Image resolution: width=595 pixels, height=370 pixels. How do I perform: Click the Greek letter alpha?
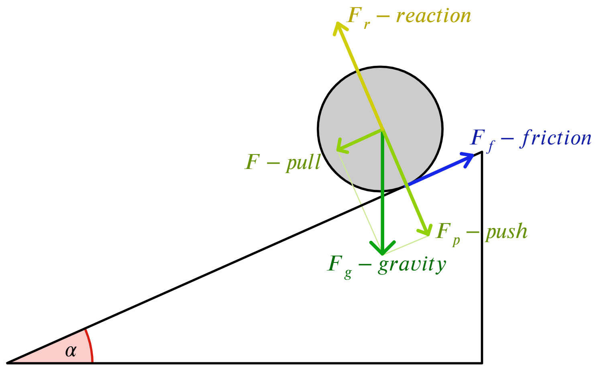click(x=71, y=351)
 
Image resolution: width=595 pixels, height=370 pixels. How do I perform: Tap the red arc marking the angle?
click(x=90, y=345)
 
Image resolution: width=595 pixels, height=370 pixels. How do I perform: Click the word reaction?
click(x=434, y=16)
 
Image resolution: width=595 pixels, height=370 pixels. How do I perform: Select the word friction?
click(x=557, y=138)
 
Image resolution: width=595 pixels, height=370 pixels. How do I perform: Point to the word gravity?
click(x=412, y=265)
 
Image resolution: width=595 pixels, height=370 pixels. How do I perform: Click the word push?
click(x=506, y=232)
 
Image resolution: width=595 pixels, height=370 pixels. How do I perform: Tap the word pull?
click(x=303, y=163)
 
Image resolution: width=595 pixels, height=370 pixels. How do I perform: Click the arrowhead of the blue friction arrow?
click(x=470, y=157)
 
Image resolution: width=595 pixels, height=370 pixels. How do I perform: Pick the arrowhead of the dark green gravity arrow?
click(x=382, y=250)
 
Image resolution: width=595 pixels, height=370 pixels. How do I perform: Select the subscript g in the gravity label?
click(x=348, y=274)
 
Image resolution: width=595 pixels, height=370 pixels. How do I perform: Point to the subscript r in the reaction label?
click(x=367, y=25)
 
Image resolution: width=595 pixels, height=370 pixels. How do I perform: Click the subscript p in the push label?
click(x=456, y=241)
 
